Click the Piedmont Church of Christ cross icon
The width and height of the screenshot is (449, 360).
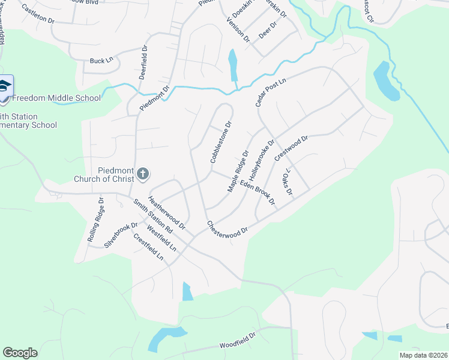(x=142, y=174)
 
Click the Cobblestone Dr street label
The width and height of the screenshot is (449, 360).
(x=220, y=143)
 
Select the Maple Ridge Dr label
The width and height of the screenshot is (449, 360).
(x=238, y=171)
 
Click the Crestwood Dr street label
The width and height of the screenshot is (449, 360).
(x=291, y=148)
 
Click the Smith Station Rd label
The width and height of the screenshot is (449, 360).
(x=153, y=216)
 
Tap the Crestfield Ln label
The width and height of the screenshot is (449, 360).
(x=148, y=246)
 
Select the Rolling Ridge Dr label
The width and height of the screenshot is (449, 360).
(x=96, y=220)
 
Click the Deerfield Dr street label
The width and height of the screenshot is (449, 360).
(x=143, y=64)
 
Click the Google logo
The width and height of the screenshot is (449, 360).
(x=20, y=353)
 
